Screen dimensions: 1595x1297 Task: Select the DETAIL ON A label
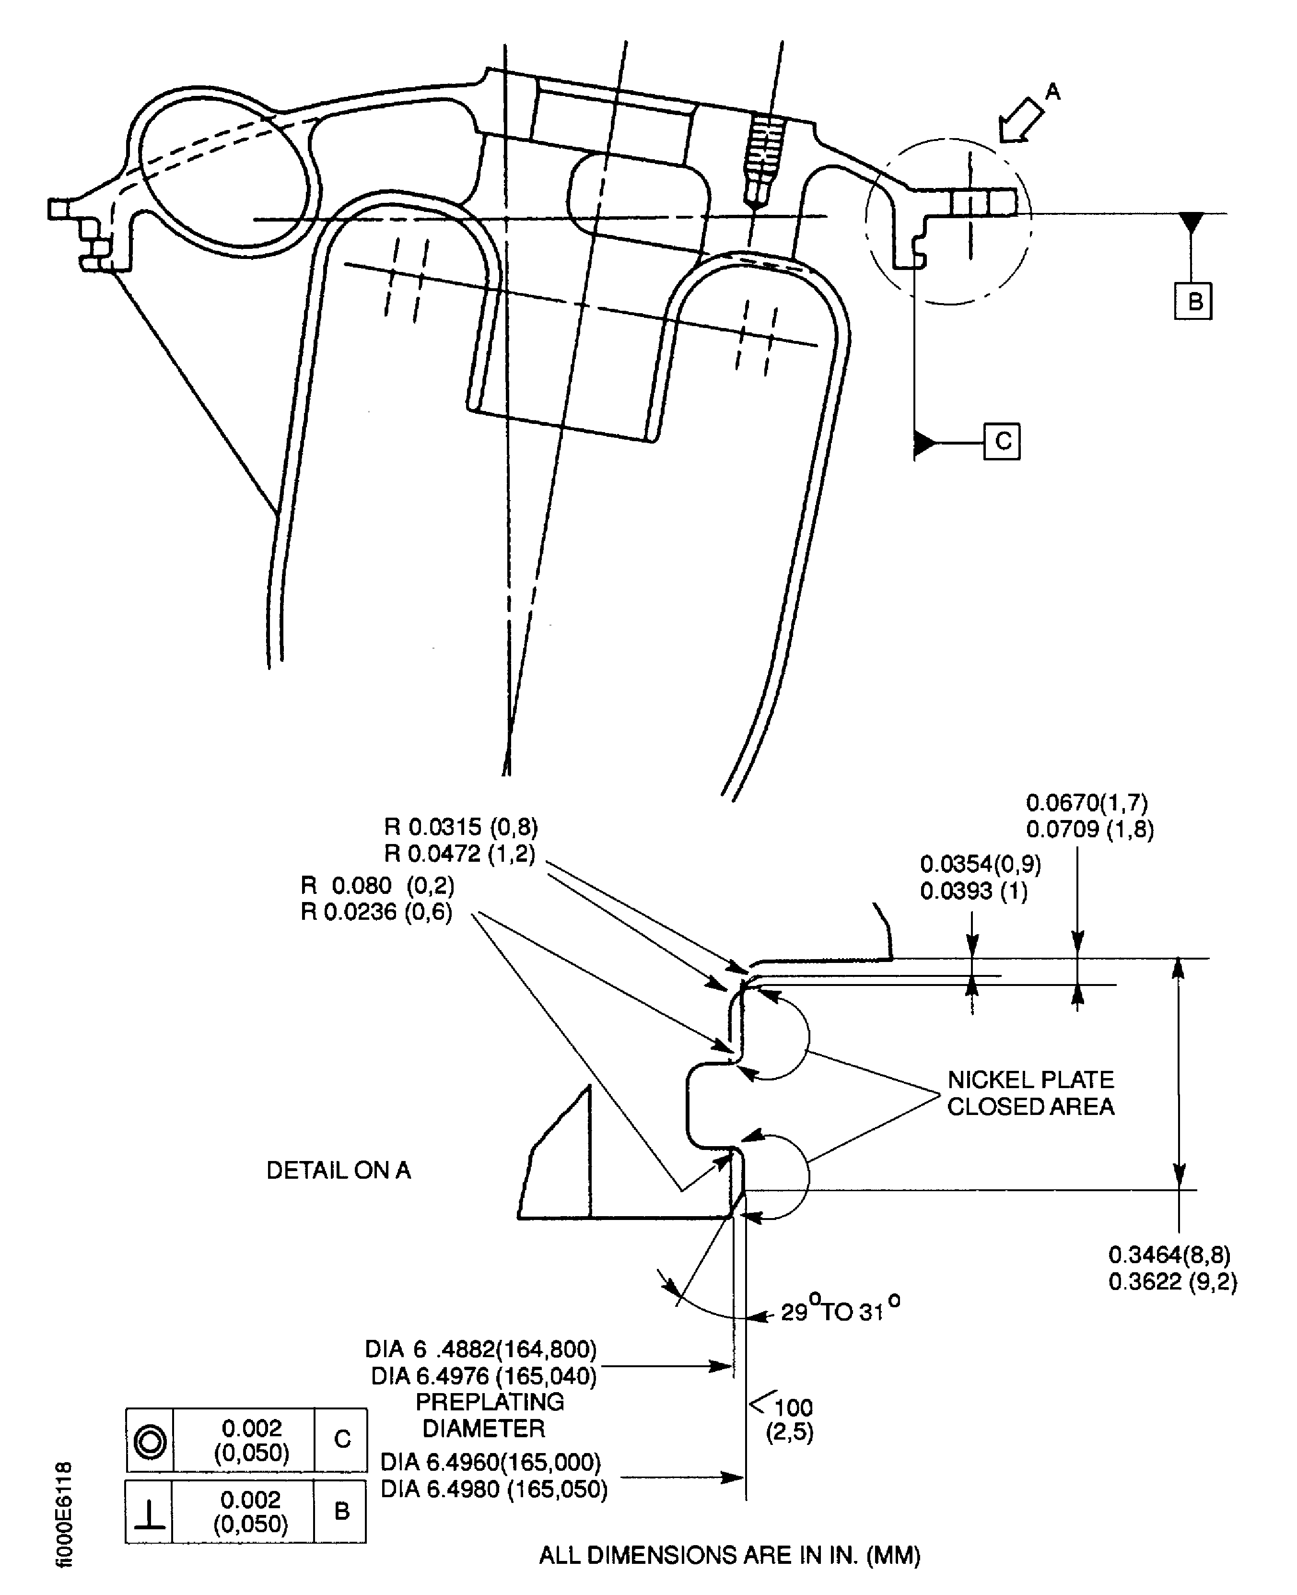coord(339,1170)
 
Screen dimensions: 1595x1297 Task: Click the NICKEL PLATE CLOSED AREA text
coord(1030,1092)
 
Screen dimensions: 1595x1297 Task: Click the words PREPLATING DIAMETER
coord(488,1414)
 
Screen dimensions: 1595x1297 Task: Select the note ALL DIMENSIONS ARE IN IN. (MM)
coord(729,1555)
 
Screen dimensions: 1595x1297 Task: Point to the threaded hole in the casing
coord(762,161)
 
